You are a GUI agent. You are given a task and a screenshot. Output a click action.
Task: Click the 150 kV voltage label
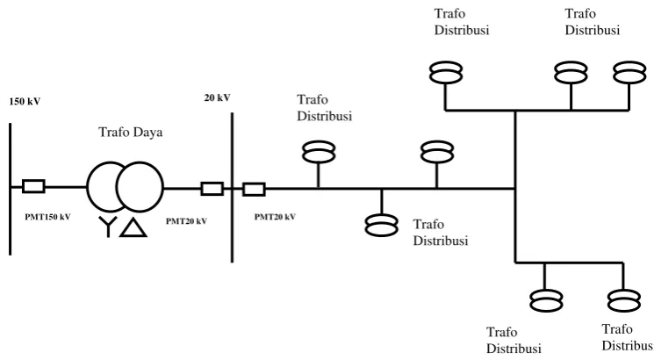pyautogui.click(x=25, y=101)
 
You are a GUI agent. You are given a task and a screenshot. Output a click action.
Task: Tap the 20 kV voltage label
pyautogui.click(x=217, y=97)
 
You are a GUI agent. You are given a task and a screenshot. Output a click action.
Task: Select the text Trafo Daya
pyautogui.click(x=131, y=133)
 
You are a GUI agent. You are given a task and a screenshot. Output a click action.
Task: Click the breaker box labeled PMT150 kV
pyautogui.click(x=33, y=186)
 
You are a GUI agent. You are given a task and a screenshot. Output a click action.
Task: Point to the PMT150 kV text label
pyautogui.click(x=47, y=217)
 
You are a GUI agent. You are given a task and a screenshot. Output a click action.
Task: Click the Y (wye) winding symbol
pyautogui.click(x=108, y=227)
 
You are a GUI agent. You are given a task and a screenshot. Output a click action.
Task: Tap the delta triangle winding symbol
pyautogui.click(x=133, y=227)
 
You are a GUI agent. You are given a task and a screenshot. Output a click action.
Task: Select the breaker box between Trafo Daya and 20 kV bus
pyautogui.click(x=212, y=189)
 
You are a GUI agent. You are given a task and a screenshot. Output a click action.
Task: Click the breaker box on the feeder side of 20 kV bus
pyautogui.click(x=254, y=189)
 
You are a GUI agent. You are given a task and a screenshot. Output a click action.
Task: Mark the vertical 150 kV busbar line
pyautogui.click(x=10, y=189)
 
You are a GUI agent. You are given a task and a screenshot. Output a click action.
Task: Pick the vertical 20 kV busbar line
pyautogui.click(x=233, y=188)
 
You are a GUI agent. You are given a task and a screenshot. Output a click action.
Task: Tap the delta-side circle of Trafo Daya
pyautogui.click(x=140, y=187)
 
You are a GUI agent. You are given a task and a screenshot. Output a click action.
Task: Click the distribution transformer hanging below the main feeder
pyautogui.click(x=382, y=226)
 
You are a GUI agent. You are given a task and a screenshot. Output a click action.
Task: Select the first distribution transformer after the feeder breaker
pyautogui.click(x=319, y=152)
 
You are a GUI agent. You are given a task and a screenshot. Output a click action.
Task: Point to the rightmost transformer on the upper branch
pyautogui.click(x=629, y=72)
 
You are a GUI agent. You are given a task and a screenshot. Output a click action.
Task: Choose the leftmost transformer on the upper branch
pyautogui.click(x=446, y=72)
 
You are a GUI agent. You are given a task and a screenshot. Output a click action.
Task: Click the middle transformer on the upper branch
pyautogui.click(x=571, y=72)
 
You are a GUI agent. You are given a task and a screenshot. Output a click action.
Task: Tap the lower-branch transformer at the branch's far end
pyautogui.click(x=624, y=300)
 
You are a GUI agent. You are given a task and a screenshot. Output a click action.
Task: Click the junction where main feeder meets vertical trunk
pyautogui.click(x=515, y=189)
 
